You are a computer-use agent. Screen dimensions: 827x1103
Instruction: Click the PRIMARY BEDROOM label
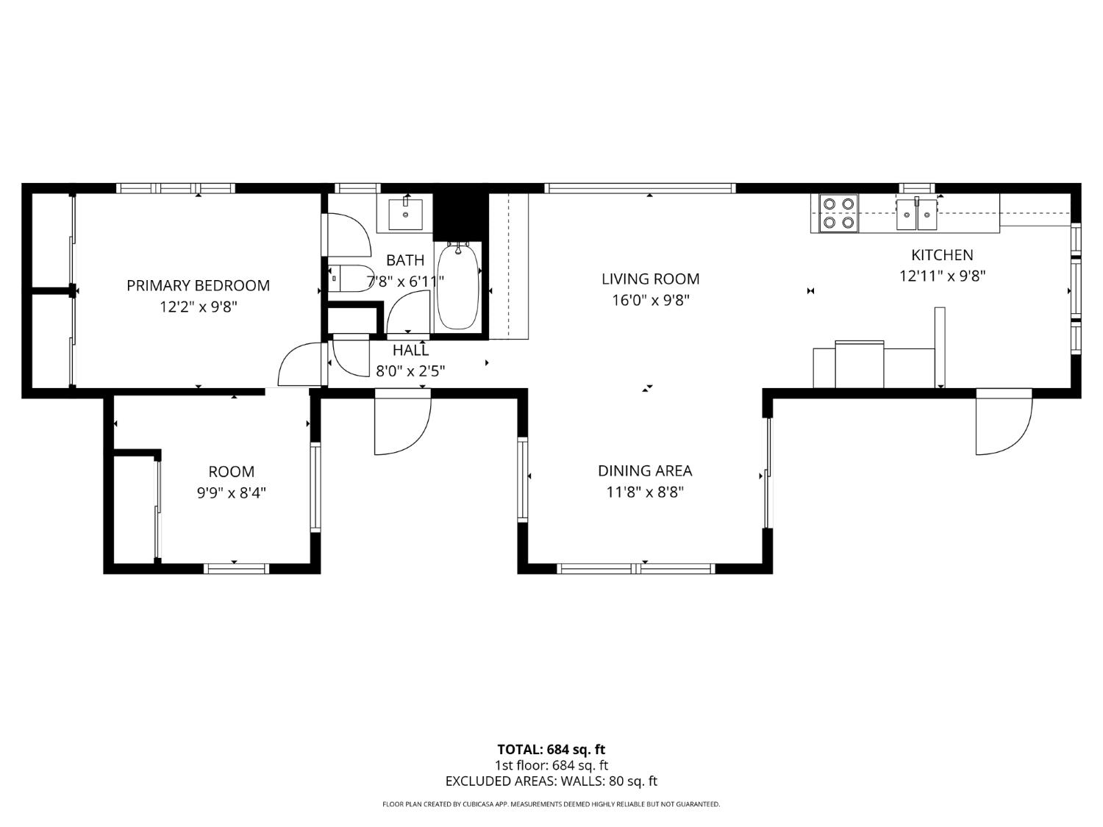(x=198, y=285)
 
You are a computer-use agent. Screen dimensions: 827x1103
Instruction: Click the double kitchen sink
(x=916, y=214)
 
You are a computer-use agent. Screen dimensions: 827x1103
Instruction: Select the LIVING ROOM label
(x=650, y=279)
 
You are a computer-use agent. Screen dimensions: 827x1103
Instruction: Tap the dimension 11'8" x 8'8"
(x=645, y=492)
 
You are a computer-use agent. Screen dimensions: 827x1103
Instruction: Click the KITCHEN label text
(x=942, y=255)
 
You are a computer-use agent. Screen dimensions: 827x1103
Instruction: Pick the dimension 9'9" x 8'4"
(x=231, y=493)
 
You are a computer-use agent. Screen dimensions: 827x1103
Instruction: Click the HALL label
(x=410, y=351)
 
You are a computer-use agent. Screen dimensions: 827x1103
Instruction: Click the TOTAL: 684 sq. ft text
(x=551, y=749)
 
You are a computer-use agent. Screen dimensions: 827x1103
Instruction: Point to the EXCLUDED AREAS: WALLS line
(x=551, y=781)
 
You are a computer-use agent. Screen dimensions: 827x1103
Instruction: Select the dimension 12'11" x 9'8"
(x=942, y=276)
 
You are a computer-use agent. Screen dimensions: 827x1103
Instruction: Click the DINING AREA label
(x=645, y=470)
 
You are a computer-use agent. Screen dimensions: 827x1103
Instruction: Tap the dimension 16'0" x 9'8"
(x=650, y=300)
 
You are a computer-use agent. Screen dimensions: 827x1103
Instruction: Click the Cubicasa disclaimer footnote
(x=551, y=804)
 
